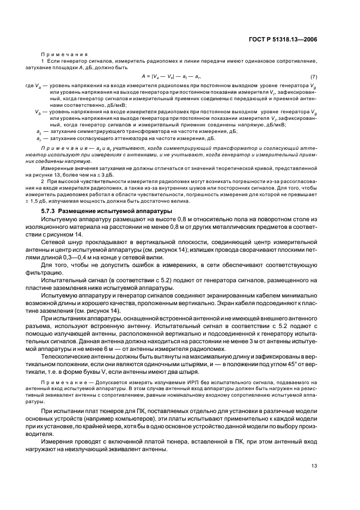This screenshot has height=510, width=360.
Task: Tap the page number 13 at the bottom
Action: (314, 465)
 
